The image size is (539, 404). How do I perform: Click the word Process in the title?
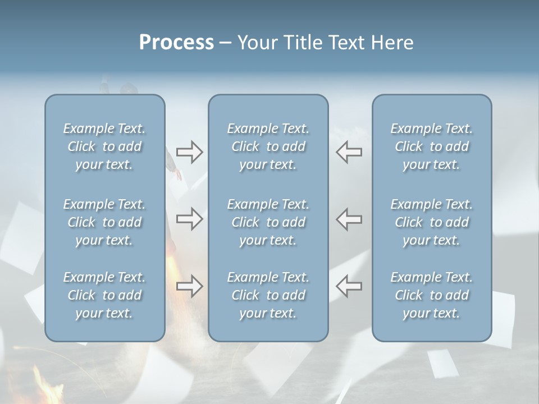click(x=176, y=43)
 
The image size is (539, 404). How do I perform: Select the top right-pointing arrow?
click(x=189, y=152)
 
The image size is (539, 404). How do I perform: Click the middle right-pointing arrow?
click(x=189, y=219)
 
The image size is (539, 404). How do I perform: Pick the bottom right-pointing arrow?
click(x=189, y=286)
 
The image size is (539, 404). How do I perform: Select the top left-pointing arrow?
click(x=349, y=152)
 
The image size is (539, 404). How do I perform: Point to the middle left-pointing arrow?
click(x=349, y=219)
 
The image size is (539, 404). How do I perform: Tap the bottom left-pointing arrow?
click(x=349, y=286)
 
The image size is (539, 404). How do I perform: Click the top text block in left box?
click(x=104, y=146)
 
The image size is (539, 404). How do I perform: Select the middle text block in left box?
click(x=104, y=222)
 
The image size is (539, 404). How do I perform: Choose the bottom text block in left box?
click(x=104, y=295)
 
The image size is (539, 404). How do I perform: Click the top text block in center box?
click(x=268, y=146)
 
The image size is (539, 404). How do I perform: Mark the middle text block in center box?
click(x=268, y=222)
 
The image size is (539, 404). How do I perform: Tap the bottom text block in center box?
click(x=268, y=295)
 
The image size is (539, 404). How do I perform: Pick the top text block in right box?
click(x=432, y=146)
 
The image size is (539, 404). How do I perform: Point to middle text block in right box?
click(x=432, y=222)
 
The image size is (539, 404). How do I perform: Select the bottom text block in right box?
click(x=432, y=295)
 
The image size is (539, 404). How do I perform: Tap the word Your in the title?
click(x=256, y=43)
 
